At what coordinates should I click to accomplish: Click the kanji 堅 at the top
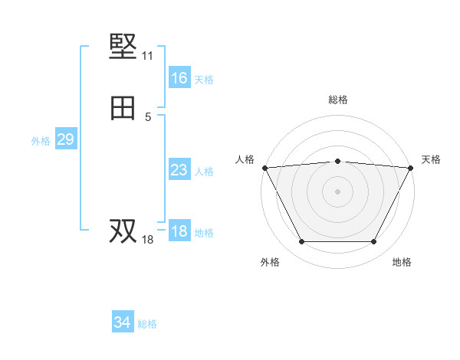click(x=123, y=47)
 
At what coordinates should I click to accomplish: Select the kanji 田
click(x=123, y=109)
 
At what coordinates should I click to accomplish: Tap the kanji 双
click(x=123, y=231)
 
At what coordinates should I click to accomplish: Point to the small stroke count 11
click(x=147, y=56)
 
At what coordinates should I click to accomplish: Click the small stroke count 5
click(x=148, y=116)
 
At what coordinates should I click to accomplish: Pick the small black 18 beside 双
click(x=147, y=240)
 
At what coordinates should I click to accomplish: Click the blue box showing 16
click(x=179, y=78)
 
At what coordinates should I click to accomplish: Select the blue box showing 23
click(x=179, y=170)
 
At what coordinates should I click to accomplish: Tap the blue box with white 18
click(x=179, y=231)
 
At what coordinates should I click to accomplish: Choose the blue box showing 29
click(x=65, y=139)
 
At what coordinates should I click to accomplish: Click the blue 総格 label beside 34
click(x=147, y=324)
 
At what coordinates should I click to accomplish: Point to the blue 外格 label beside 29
click(x=41, y=140)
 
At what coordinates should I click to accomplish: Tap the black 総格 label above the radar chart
click(x=337, y=100)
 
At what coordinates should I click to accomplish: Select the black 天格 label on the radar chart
click(x=431, y=159)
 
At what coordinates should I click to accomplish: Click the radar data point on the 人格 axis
click(x=264, y=168)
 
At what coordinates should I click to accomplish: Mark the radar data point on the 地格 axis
click(x=373, y=242)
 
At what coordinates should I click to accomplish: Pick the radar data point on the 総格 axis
click(x=337, y=161)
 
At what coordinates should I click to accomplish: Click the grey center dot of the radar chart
click(x=337, y=191)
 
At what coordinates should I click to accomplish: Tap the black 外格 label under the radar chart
click(x=270, y=262)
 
